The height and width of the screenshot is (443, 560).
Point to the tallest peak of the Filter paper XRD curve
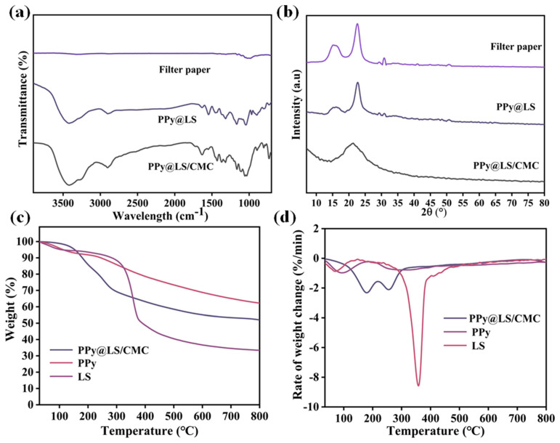[x=357, y=24]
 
